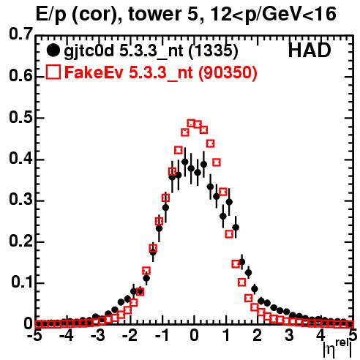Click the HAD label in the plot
[x=310, y=50]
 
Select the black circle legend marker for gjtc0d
[x=53, y=50]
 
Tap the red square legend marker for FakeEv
[x=53, y=72]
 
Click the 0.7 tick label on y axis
[x=21, y=34]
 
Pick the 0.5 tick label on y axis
[x=21, y=118]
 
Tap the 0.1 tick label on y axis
[x=22, y=282]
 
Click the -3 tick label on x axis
[x=97, y=336]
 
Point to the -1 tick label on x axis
[x=162, y=336]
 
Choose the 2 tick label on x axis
[x=258, y=336]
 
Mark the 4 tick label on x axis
[x=320, y=336]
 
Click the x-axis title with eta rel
[x=337, y=350]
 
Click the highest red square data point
[x=192, y=124]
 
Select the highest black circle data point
[x=185, y=162]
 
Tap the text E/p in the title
[x=51, y=15]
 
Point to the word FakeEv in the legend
[x=94, y=72]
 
